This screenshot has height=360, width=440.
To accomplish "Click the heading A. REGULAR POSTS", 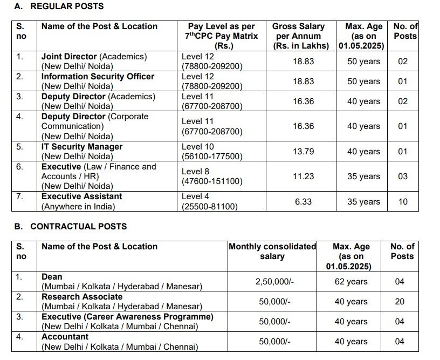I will click(59, 6).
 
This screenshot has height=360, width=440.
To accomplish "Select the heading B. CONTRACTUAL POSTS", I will click(71, 227).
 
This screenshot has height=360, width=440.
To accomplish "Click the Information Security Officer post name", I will click(98, 77).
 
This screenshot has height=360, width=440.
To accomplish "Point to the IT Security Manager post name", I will click(82, 147).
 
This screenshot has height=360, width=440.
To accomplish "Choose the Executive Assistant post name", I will click(81, 196).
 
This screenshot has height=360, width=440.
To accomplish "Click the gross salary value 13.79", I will click(303, 152).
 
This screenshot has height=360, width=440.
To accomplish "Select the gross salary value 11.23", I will click(303, 176).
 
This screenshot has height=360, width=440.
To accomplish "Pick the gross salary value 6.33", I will click(303, 201).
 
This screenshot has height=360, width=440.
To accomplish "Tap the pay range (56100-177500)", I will click(212, 157).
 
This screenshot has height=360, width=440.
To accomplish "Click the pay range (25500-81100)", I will click(209, 206).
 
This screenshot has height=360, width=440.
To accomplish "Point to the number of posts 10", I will click(403, 201).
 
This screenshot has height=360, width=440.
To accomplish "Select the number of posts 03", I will click(403, 176).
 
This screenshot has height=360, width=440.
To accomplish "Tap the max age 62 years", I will click(350, 282).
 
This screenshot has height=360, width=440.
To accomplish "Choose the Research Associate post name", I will click(76, 297).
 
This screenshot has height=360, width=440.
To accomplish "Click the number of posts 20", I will click(400, 302).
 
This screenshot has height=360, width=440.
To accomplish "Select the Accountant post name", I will click(65, 337).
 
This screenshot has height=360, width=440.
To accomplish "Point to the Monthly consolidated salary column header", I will click(272, 252).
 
